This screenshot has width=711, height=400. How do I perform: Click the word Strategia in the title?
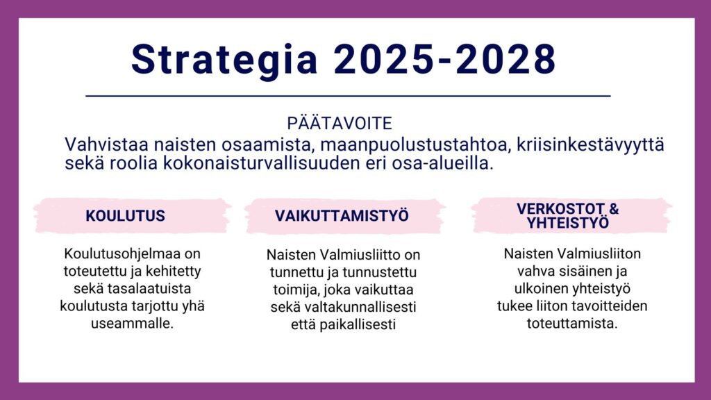coord(224,60)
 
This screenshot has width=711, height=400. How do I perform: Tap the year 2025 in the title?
coord(384,60)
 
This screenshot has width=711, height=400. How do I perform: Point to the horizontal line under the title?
coord(349,96)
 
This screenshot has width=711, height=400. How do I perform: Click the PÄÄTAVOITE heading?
coord(340,124)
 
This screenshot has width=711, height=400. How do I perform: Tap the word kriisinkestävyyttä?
coord(590,145)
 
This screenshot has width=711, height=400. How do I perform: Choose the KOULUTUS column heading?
coord(125,216)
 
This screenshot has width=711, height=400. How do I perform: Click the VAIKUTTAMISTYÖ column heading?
coord(342,215)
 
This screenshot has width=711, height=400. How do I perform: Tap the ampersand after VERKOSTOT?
coord(614,208)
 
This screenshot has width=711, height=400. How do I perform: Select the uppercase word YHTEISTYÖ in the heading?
coord(568,223)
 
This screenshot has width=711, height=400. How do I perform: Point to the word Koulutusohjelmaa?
coord(133,253)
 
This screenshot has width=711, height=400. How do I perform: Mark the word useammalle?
coord(133,324)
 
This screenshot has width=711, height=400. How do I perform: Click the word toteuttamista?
coord(572,324)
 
